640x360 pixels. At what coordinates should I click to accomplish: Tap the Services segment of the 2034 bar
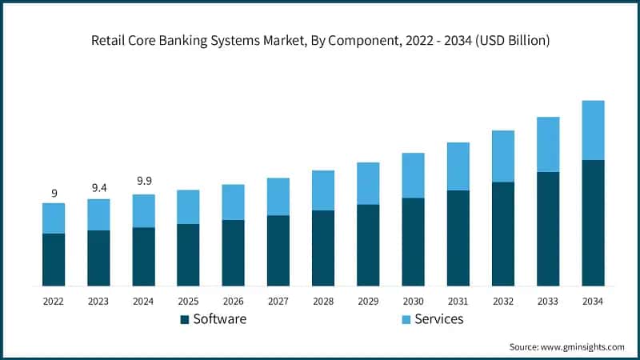coord(593,130)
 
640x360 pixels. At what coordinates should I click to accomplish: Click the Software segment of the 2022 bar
coord(54,259)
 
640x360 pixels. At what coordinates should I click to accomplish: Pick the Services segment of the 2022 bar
coord(54,218)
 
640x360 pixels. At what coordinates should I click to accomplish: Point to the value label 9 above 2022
coord(54,193)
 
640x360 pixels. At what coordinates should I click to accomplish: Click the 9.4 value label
coord(98,188)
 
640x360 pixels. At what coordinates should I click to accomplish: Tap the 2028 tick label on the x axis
coord(323,301)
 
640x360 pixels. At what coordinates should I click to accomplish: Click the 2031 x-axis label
coord(458,301)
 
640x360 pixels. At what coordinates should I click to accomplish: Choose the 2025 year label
coord(188,301)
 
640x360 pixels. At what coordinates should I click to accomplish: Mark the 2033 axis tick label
coord(548,301)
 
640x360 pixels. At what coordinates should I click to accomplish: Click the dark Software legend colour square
coord(184,319)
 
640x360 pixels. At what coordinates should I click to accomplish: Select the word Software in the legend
coord(219,319)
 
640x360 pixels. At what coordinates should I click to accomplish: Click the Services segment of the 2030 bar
coord(413,175)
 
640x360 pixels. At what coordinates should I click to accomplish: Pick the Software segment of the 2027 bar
coord(278,250)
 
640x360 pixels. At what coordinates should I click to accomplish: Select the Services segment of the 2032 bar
coord(503,156)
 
